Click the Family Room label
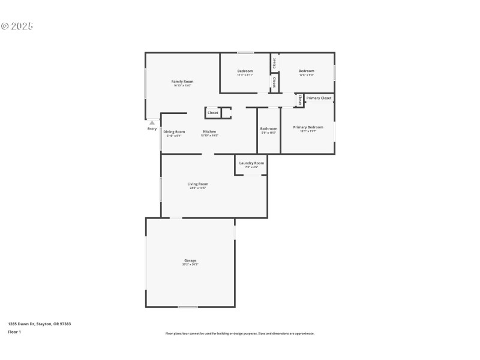tap(182, 82)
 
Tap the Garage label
tap(190, 260)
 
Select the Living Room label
tap(197, 184)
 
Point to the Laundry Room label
tap(251, 163)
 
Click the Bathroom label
tap(269, 128)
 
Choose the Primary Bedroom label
tap(308, 127)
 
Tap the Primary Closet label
tap(319, 98)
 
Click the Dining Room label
tap(174, 131)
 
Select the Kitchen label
tap(209, 131)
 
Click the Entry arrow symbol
tap(152, 122)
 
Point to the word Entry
tap(152, 128)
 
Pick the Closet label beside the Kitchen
tap(213, 113)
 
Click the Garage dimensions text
tap(190, 265)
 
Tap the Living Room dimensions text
tap(197, 188)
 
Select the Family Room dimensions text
tap(182, 86)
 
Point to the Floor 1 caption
tap(14, 332)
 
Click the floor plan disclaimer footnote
tap(240, 334)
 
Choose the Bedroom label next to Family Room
tap(245, 71)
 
